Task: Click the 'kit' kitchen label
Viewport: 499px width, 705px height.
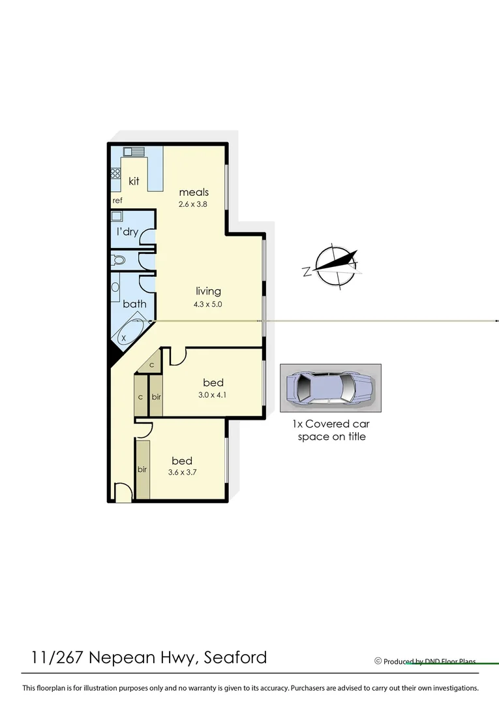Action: [x=134, y=181]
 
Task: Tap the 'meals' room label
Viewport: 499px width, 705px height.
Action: [x=194, y=192]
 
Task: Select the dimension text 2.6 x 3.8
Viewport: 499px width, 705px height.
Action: [x=194, y=204]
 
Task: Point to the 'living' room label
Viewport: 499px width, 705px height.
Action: [x=208, y=291]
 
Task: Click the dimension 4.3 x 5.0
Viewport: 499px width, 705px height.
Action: [x=209, y=304]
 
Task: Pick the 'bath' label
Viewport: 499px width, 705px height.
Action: [x=134, y=304]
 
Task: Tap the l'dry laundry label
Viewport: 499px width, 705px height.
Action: [x=127, y=232]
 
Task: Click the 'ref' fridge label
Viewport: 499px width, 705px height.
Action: [x=117, y=200]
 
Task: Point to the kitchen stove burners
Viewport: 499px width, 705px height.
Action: [x=115, y=174]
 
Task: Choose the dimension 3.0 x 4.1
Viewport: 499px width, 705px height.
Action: [x=213, y=394]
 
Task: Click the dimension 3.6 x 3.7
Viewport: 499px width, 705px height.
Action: [x=182, y=473]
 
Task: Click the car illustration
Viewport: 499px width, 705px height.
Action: [x=330, y=388]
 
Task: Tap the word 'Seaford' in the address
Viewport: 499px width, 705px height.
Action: [x=235, y=657]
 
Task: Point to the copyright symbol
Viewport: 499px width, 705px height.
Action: [x=378, y=661]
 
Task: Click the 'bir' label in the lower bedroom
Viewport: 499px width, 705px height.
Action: [x=142, y=469]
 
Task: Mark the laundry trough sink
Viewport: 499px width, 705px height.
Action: [x=117, y=216]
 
